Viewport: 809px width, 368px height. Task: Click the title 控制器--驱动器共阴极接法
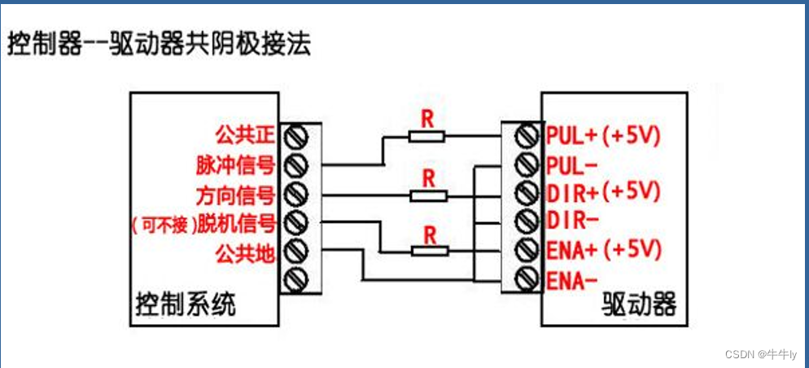(159, 43)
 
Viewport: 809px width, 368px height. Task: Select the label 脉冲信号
(235, 164)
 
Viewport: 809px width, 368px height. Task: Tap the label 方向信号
(235, 195)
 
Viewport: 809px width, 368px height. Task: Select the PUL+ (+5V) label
(603, 134)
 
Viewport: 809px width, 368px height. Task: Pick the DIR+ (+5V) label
(603, 192)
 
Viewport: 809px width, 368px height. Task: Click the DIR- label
(573, 220)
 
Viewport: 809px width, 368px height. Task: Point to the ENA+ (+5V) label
(603, 249)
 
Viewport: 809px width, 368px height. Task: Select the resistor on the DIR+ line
(428, 195)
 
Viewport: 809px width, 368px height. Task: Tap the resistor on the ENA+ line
(430, 251)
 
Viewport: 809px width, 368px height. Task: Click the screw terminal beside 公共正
(298, 134)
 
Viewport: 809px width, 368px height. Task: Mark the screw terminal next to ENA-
(527, 279)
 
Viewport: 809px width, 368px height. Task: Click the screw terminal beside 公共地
(298, 251)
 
